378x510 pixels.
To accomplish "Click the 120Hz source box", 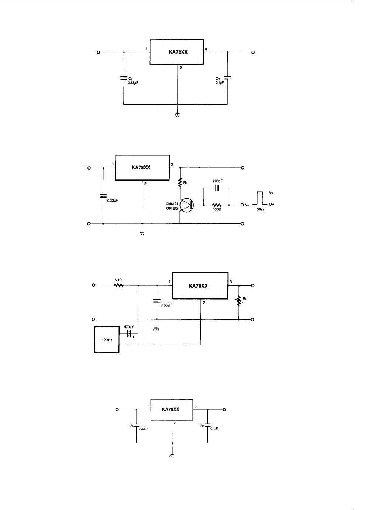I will (107, 339).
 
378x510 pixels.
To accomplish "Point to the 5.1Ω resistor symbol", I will (118, 285).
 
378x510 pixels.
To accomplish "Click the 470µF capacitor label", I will (128, 327).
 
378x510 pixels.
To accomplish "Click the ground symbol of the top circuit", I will (177, 115).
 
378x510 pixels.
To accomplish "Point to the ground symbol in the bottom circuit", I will (172, 455).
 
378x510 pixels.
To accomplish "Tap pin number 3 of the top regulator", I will (206, 49).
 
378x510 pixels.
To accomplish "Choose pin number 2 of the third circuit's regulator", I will (204, 302).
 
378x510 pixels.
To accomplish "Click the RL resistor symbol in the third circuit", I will (239, 301).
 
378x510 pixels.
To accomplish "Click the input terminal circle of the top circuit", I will (99, 52).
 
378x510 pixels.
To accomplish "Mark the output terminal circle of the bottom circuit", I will (224, 410).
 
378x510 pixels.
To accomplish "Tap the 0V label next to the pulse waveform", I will (271, 204).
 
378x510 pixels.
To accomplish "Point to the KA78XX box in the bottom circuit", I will (172, 410).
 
